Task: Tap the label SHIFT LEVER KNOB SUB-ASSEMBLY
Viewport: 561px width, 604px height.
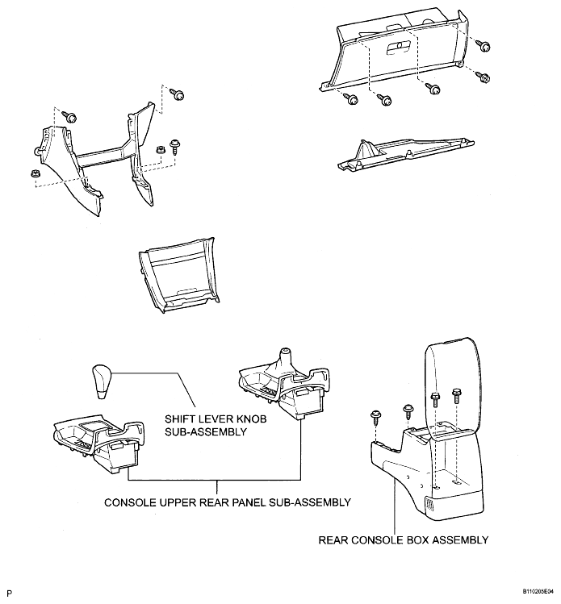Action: point(216,425)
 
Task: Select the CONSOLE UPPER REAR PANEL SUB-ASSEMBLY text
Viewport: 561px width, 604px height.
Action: point(228,502)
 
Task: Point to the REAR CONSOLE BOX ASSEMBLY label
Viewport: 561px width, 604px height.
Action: point(404,540)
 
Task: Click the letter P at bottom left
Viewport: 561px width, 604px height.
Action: point(9,593)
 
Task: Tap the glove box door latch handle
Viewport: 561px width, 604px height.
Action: point(398,48)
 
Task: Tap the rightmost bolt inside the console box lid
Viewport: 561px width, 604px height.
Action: point(457,397)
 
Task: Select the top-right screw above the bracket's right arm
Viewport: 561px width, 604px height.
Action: point(178,94)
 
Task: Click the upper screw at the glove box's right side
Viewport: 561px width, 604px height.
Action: point(483,45)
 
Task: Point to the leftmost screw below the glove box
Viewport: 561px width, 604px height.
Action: point(350,99)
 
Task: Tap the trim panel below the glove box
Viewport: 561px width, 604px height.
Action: point(406,154)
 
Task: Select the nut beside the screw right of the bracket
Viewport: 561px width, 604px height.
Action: point(159,149)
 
